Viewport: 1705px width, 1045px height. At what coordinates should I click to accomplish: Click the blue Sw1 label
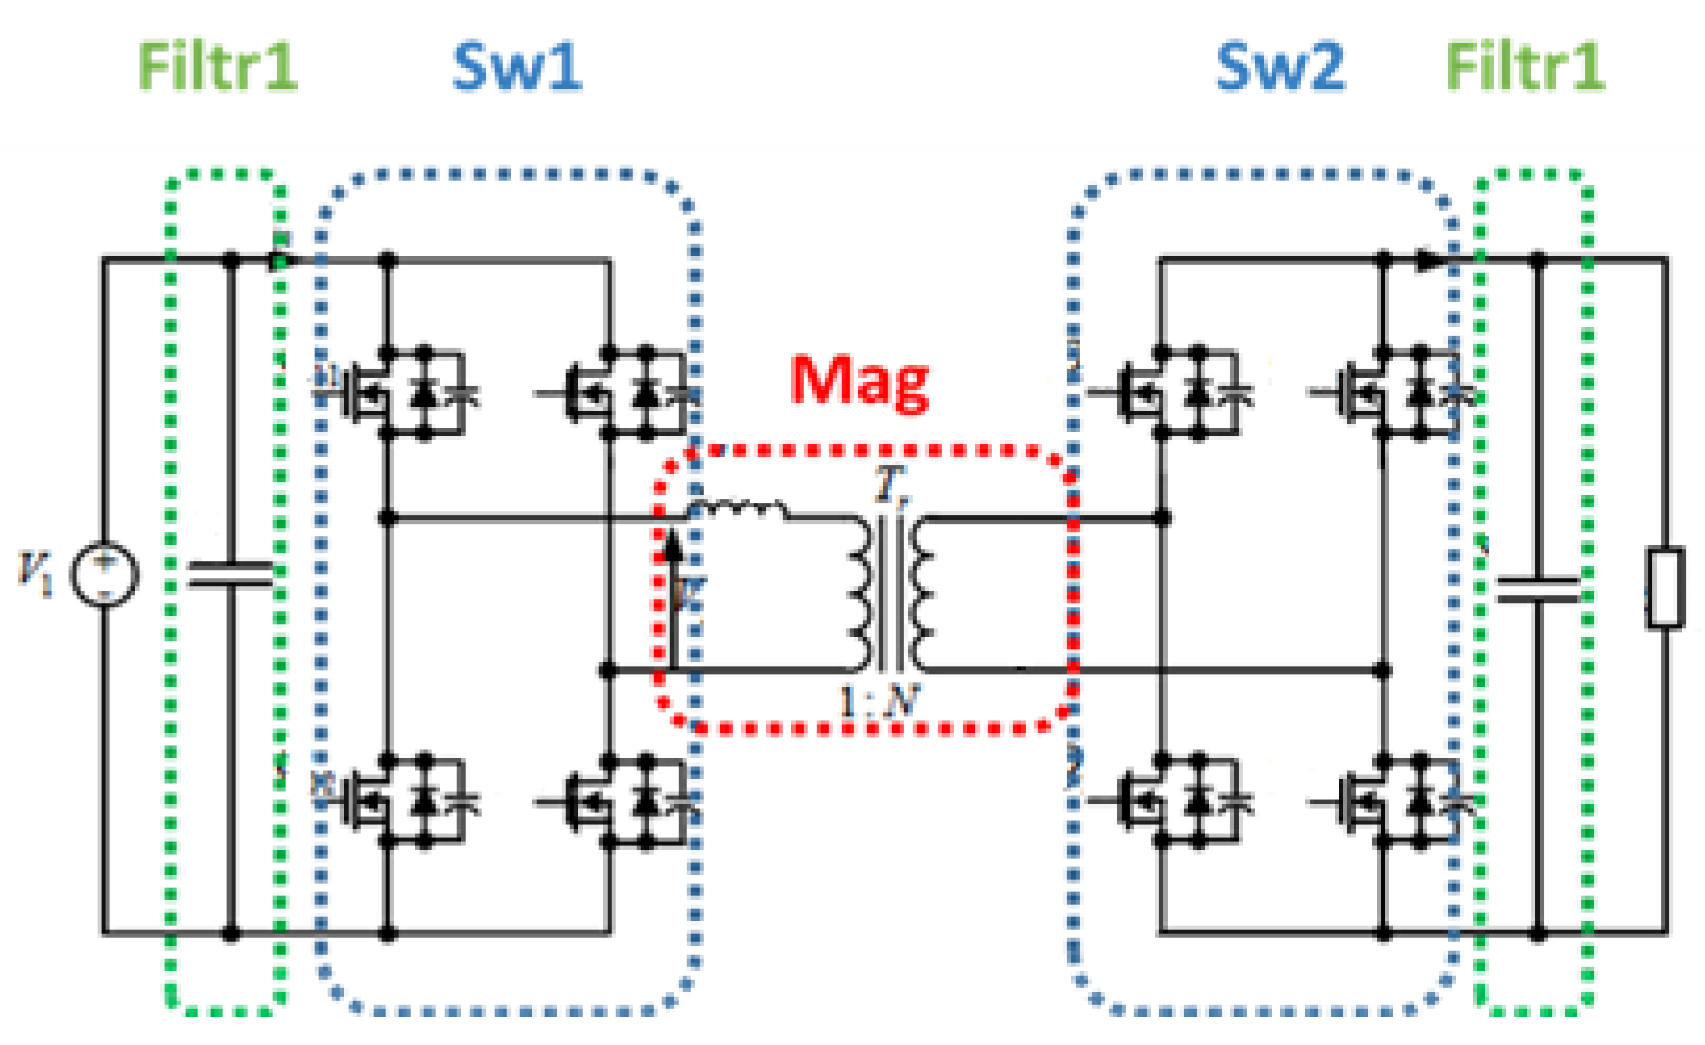517,67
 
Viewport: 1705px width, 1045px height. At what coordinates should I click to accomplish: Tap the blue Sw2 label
1280,67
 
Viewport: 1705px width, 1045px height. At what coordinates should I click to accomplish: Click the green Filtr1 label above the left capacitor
217,67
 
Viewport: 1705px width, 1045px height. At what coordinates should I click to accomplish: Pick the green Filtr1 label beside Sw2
1524,67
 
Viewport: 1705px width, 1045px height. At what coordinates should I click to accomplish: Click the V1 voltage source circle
104,575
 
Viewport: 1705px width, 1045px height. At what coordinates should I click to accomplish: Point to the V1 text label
35,573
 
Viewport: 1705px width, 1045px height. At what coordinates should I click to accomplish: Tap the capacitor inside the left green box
231,575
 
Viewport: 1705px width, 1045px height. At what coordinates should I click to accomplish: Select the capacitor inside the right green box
1538,590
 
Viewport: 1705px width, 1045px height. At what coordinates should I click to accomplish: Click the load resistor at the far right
1665,587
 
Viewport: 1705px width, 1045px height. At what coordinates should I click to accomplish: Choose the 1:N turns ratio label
878,702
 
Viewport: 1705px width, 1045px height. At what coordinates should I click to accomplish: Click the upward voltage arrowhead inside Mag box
672,547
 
